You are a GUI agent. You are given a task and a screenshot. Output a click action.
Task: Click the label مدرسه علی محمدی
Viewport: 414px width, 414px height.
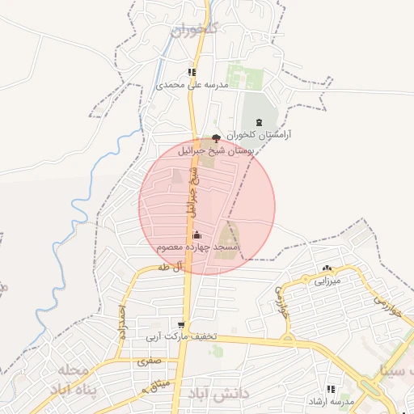pos(192,84)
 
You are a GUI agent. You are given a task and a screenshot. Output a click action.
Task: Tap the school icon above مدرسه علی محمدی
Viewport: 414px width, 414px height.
pos(192,72)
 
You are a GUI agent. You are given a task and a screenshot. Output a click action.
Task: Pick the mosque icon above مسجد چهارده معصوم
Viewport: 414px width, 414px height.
pos(197,234)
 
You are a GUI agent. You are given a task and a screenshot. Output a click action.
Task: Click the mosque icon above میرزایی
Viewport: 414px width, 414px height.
pos(327,268)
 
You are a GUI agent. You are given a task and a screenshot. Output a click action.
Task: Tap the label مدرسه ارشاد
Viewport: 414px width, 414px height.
pos(331,400)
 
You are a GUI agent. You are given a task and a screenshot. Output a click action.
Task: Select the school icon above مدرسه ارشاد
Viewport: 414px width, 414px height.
pos(331,388)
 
